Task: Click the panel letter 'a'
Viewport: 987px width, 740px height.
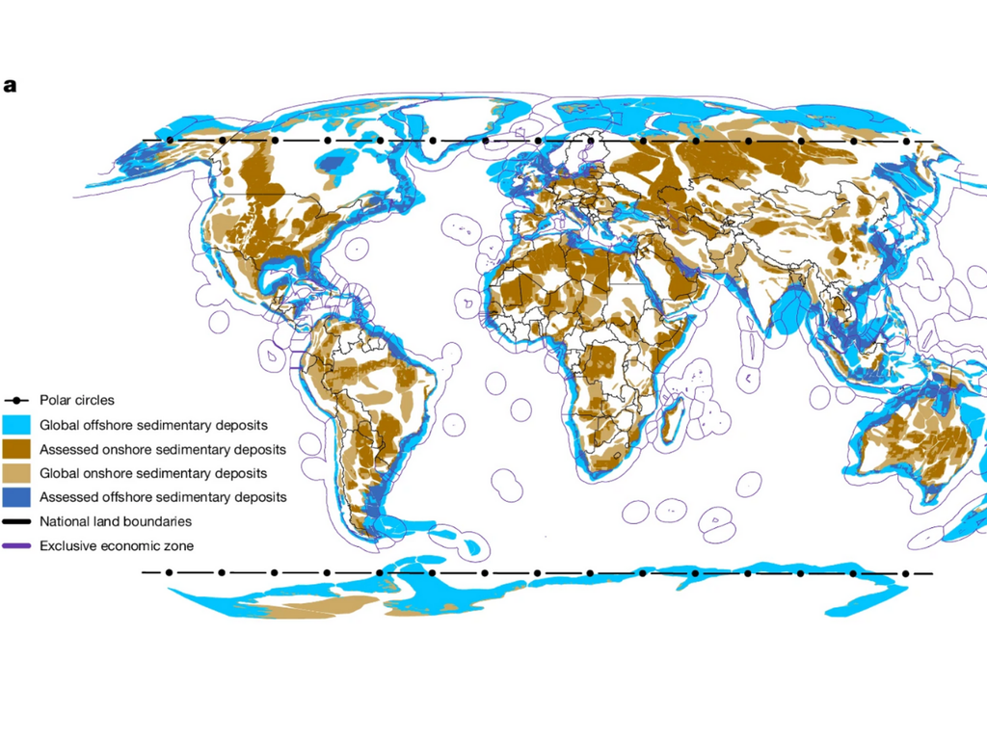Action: pyautogui.click(x=11, y=85)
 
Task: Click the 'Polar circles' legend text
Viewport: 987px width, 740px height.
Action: pyautogui.click(x=77, y=400)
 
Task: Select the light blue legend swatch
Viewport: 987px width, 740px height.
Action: pyautogui.click(x=18, y=424)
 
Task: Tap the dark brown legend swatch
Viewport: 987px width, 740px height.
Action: pyautogui.click(x=18, y=449)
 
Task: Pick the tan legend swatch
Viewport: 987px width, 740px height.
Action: pyautogui.click(x=18, y=473)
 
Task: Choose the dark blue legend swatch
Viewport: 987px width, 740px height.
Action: pyautogui.click(x=18, y=497)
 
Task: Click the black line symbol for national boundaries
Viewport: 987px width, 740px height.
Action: pyautogui.click(x=18, y=521)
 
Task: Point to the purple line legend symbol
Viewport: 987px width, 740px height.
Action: pyautogui.click(x=18, y=546)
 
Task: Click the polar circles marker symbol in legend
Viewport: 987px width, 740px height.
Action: pyautogui.click(x=18, y=400)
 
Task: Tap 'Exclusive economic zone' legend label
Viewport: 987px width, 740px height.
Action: pyautogui.click(x=117, y=546)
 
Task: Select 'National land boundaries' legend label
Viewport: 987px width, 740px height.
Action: pyautogui.click(x=116, y=521)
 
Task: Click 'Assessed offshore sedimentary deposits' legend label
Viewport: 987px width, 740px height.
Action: pyautogui.click(x=163, y=497)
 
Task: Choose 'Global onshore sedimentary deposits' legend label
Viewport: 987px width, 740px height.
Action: pyautogui.click(x=153, y=473)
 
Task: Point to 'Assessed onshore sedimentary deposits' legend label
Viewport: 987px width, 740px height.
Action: pyautogui.click(x=163, y=449)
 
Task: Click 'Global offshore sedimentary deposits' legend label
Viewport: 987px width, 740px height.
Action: pyautogui.click(x=153, y=424)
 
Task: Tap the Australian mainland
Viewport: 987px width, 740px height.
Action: pyautogui.click(x=906, y=443)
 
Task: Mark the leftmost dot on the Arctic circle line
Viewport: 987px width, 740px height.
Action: pyautogui.click(x=170, y=141)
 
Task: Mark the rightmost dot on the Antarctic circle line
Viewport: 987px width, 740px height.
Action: pyautogui.click(x=905, y=573)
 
